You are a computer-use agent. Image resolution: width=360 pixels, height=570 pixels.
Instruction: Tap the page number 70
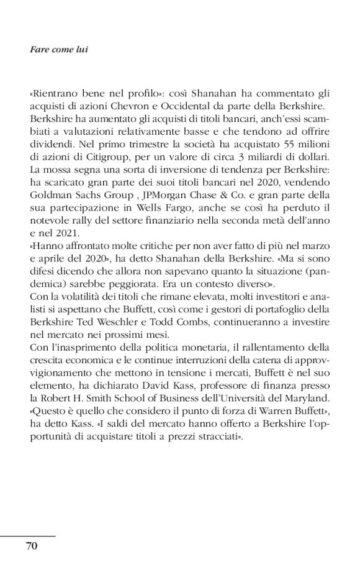[32, 546]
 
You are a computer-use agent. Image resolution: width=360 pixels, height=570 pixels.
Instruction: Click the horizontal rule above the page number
[28, 535]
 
